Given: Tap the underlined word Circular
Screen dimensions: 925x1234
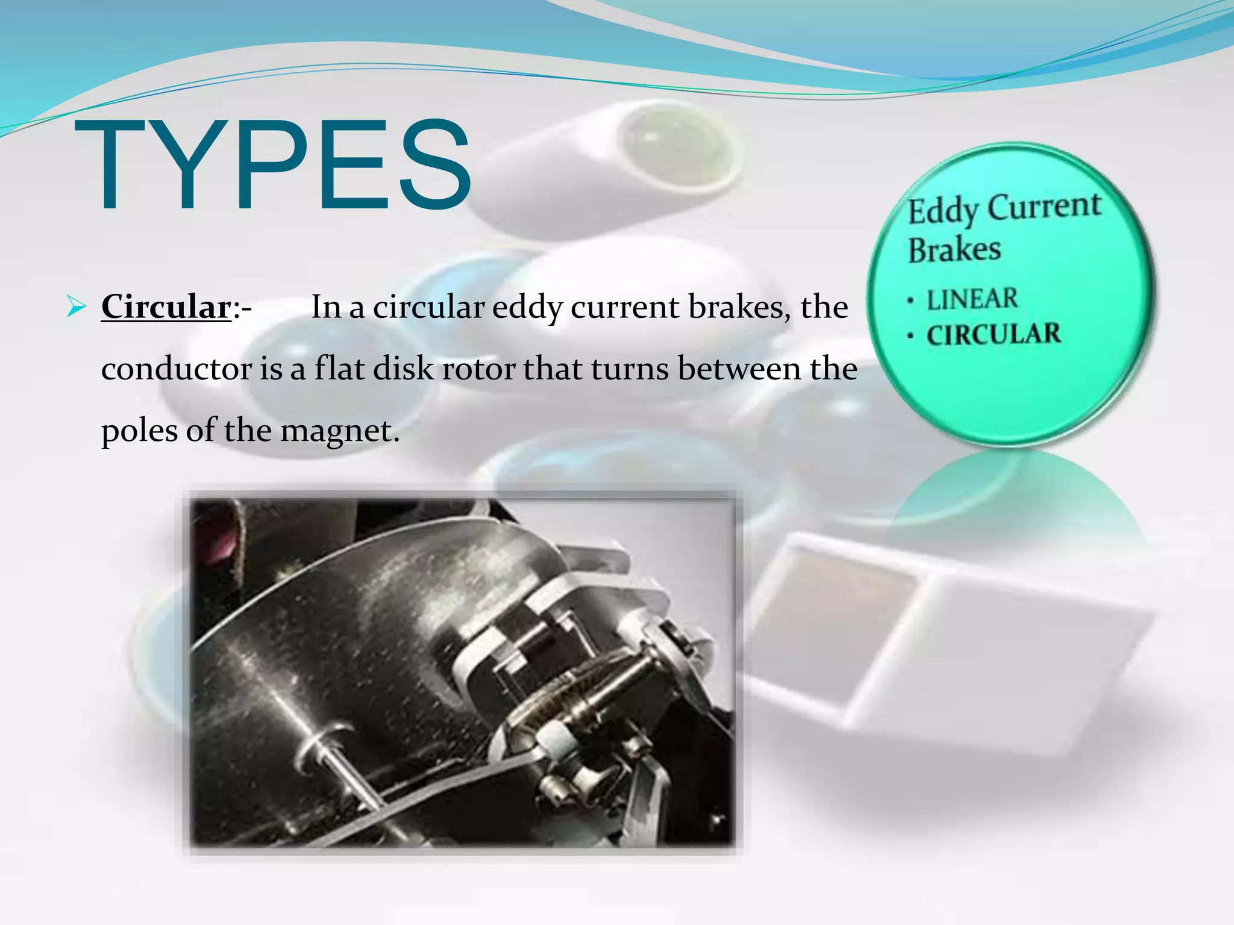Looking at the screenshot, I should [166, 307].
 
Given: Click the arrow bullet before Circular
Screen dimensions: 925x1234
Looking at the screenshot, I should [76, 307].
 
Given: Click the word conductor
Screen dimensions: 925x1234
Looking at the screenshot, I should [176, 369].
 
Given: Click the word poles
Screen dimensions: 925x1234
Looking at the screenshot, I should [139, 431].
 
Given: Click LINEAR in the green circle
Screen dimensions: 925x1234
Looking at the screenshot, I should [972, 299].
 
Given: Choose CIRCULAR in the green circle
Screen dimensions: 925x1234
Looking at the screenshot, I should [994, 335].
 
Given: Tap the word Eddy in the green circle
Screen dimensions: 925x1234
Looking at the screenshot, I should [944, 212].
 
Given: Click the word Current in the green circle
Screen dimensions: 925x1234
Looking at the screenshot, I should [1044, 206].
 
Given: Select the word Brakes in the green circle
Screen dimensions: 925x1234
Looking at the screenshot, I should [954, 250].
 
